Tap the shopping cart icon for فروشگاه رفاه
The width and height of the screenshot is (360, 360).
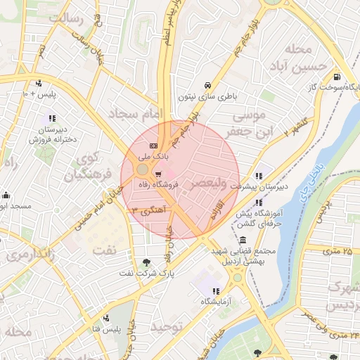tap(157, 174)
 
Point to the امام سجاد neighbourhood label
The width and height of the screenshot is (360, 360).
tap(136, 112)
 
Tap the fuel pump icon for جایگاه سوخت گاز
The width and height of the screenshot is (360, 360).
tap(337, 77)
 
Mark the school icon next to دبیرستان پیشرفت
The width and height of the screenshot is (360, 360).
tap(259, 176)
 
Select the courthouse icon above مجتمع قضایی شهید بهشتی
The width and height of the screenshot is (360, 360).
tap(243, 240)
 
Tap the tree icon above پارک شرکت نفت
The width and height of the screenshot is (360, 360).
tap(146, 261)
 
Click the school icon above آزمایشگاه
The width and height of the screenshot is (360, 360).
tap(215, 290)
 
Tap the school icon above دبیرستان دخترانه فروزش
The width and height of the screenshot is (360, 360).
tap(51, 117)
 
